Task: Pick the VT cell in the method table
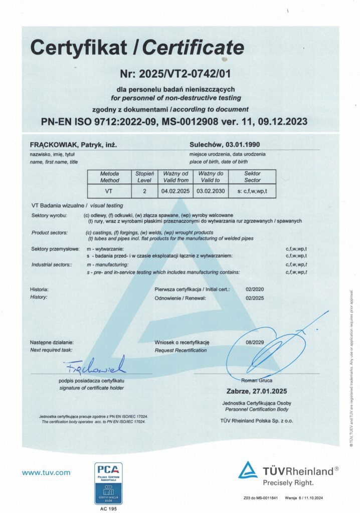[109, 191]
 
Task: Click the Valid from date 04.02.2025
[175, 191]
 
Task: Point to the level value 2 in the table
[144, 191]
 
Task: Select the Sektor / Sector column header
[252, 176]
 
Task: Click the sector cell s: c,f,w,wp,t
[252, 191]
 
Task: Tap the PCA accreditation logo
[108, 483]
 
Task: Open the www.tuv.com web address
[46, 472]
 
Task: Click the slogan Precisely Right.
[288, 483]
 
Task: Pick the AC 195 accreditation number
[108, 508]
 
